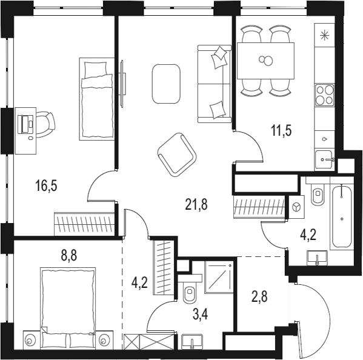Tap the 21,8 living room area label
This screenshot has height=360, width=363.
coord(196,205)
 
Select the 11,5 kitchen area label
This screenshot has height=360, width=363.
coord(281,130)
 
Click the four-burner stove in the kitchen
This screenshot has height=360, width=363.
coord(325,95)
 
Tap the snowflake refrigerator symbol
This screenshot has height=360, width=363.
coord(325,35)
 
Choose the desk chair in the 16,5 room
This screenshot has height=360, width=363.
coord(45,123)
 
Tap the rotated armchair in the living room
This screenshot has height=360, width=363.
coord(176,155)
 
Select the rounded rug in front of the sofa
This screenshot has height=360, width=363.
coord(166,83)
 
